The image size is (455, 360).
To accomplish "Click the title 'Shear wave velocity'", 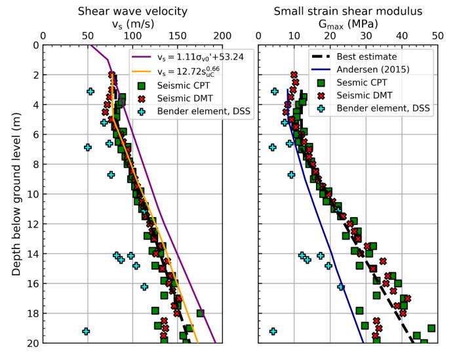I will coord(132,10).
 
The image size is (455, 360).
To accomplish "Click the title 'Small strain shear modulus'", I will coord(347,10).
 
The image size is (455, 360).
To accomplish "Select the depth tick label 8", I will coord(33,164).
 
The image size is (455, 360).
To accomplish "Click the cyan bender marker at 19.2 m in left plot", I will coord(86,331).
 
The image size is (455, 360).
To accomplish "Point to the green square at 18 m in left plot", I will coord(201,313).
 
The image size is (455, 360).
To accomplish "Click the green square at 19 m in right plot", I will coord(431,328).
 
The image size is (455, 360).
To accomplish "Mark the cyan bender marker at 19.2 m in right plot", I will coord(273,331).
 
